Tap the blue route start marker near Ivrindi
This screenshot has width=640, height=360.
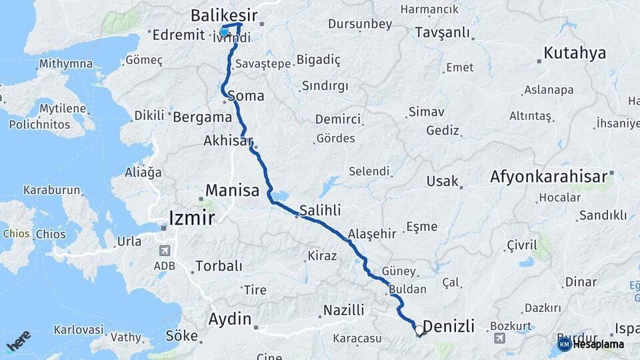[x=224, y=32]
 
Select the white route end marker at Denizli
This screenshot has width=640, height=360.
[x=419, y=329]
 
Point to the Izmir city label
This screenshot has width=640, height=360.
[x=192, y=218]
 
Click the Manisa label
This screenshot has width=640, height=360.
[x=232, y=191]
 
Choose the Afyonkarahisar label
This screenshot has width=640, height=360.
[x=549, y=177]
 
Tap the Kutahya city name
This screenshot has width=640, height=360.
[x=575, y=53]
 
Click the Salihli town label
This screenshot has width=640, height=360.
[x=320, y=210]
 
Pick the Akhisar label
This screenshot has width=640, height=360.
[x=230, y=141]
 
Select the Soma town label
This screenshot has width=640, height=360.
[x=246, y=96]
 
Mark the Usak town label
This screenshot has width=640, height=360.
[x=443, y=181]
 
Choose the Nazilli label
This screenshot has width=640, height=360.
[x=343, y=310]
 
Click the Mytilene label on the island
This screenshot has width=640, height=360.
[x=63, y=108]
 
